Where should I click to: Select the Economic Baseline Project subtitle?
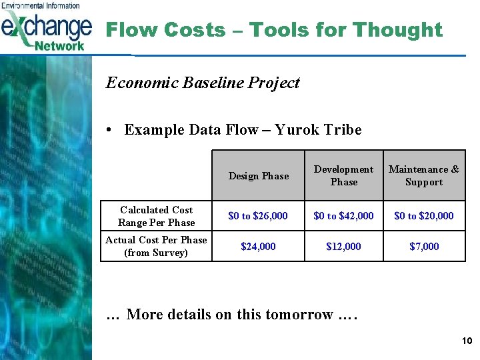203,83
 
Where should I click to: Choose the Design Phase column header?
259,176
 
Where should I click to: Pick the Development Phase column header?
344,176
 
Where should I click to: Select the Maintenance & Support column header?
424,176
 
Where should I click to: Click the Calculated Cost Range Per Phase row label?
156,216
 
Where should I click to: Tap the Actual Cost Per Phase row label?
156,246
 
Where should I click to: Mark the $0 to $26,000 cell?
258,216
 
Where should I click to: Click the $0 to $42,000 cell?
344,216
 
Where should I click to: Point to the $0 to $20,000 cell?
424,216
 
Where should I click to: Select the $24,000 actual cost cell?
258,247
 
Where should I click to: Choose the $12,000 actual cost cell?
344,247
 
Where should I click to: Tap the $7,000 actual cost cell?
424,247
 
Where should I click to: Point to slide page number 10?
467,341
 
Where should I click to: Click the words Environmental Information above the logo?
41,5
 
